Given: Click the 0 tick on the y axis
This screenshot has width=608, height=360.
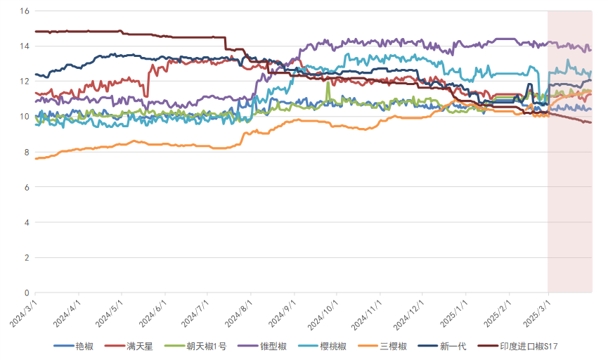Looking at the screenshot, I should pos(26,292).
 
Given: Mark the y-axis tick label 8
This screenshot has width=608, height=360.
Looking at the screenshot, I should pos(26,152).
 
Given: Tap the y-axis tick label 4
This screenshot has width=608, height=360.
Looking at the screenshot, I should pos(26,222).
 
